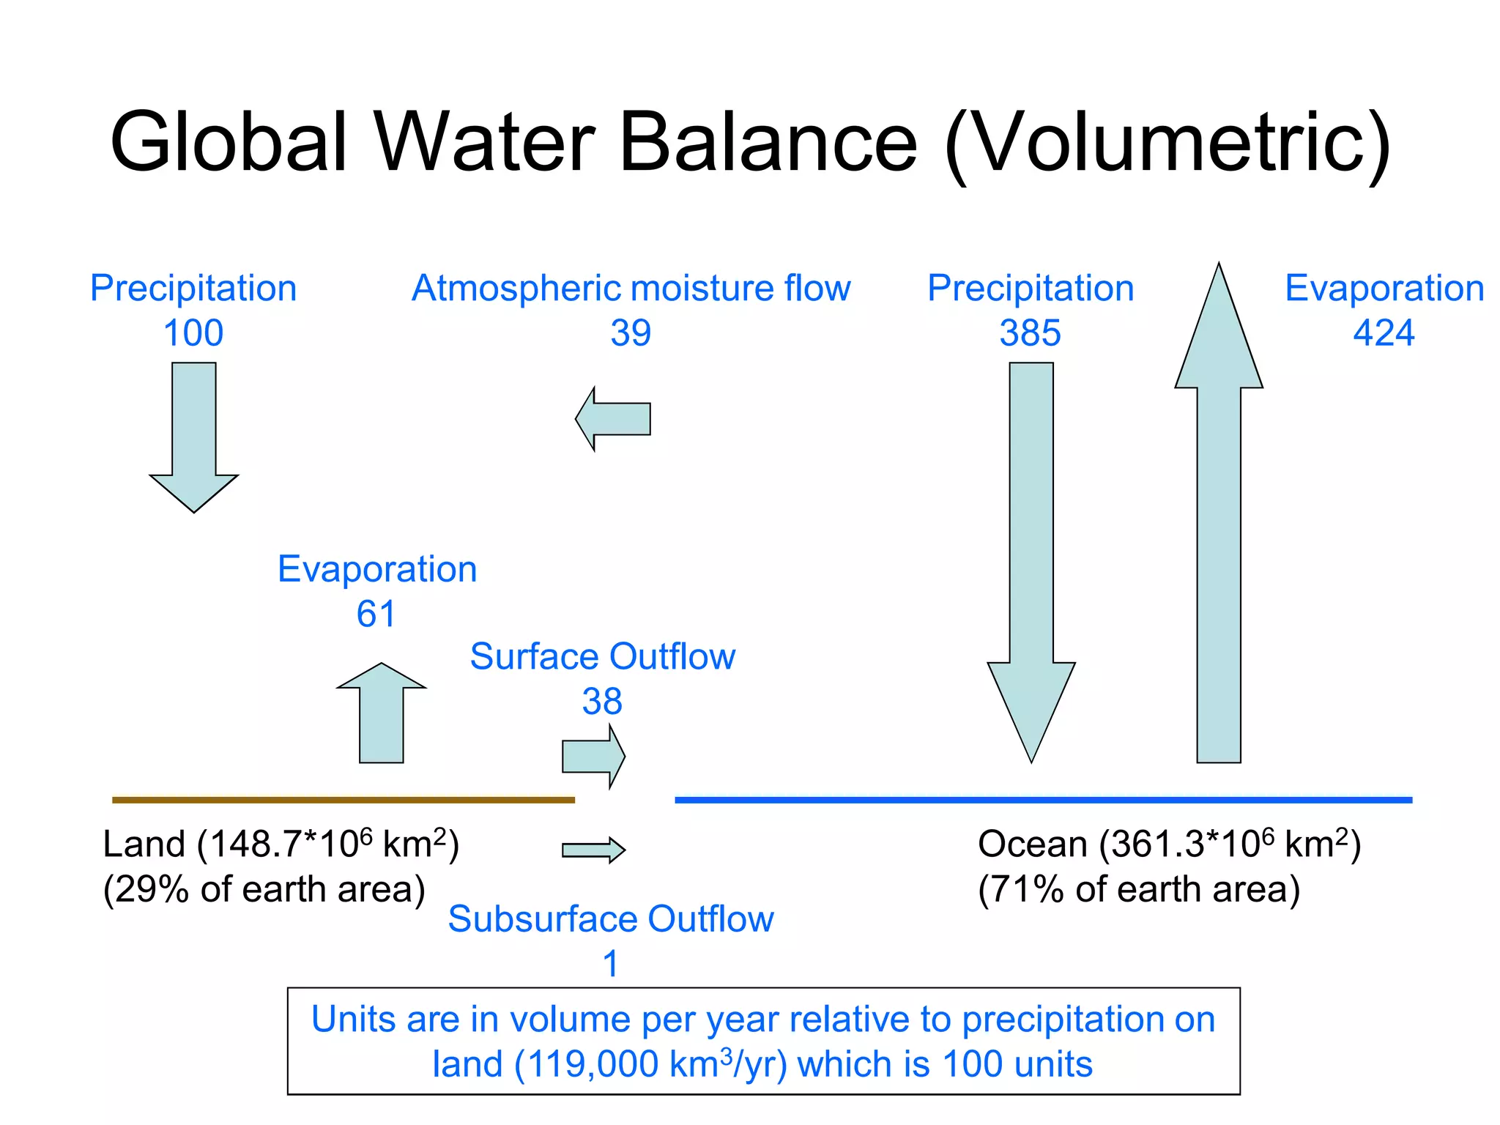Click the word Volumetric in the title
(1167, 143)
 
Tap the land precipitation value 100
(193, 333)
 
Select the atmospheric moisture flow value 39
(631, 333)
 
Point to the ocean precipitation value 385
(1030, 333)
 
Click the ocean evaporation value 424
(1384, 333)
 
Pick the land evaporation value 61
(376, 614)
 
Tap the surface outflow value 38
(602, 702)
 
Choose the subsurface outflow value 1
(610, 964)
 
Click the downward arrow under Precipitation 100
(194, 439)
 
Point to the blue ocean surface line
(1043, 800)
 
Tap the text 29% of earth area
(264, 889)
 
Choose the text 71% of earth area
(1139, 889)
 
